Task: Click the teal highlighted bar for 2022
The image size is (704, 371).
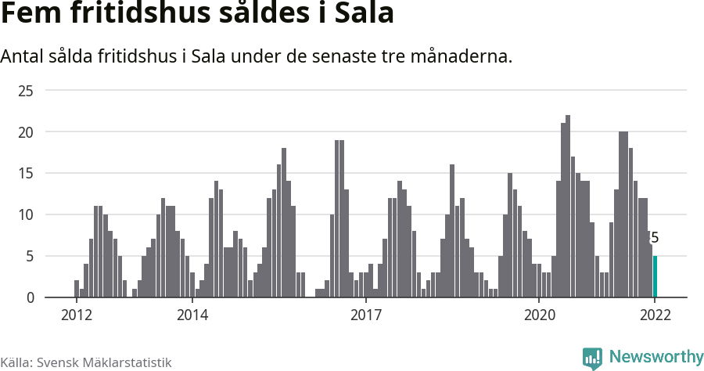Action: tap(655, 276)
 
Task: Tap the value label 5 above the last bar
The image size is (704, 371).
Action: tap(655, 238)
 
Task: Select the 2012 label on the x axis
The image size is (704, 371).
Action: tap(76, 315)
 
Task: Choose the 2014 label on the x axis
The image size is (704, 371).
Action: tap(192, 315)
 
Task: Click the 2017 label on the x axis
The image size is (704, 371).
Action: tap(365, 315)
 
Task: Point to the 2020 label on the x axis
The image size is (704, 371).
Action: tap(539, 315)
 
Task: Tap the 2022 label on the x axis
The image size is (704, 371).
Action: tap(655, 315)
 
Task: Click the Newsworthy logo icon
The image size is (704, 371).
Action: tap(592, 358)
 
